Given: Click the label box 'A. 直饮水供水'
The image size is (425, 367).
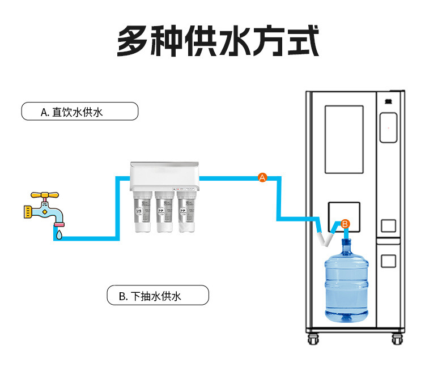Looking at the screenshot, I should (79, 111).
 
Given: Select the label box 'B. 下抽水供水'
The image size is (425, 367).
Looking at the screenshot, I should (158, 296).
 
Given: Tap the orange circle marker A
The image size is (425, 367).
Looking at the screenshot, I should (262, 178).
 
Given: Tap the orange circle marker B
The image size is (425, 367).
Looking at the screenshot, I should (345, 224).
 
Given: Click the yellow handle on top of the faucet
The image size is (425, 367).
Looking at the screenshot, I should (44, 195).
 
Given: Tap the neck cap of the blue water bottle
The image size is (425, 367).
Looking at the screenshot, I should (346, 244).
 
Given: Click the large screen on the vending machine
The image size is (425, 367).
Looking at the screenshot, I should (343, 139).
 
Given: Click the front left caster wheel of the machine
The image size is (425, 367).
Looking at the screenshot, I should (313, 340).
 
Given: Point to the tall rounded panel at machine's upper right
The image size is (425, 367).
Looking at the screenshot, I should (388, 127).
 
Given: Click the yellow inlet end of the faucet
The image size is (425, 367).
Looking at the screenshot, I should (25, 212).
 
